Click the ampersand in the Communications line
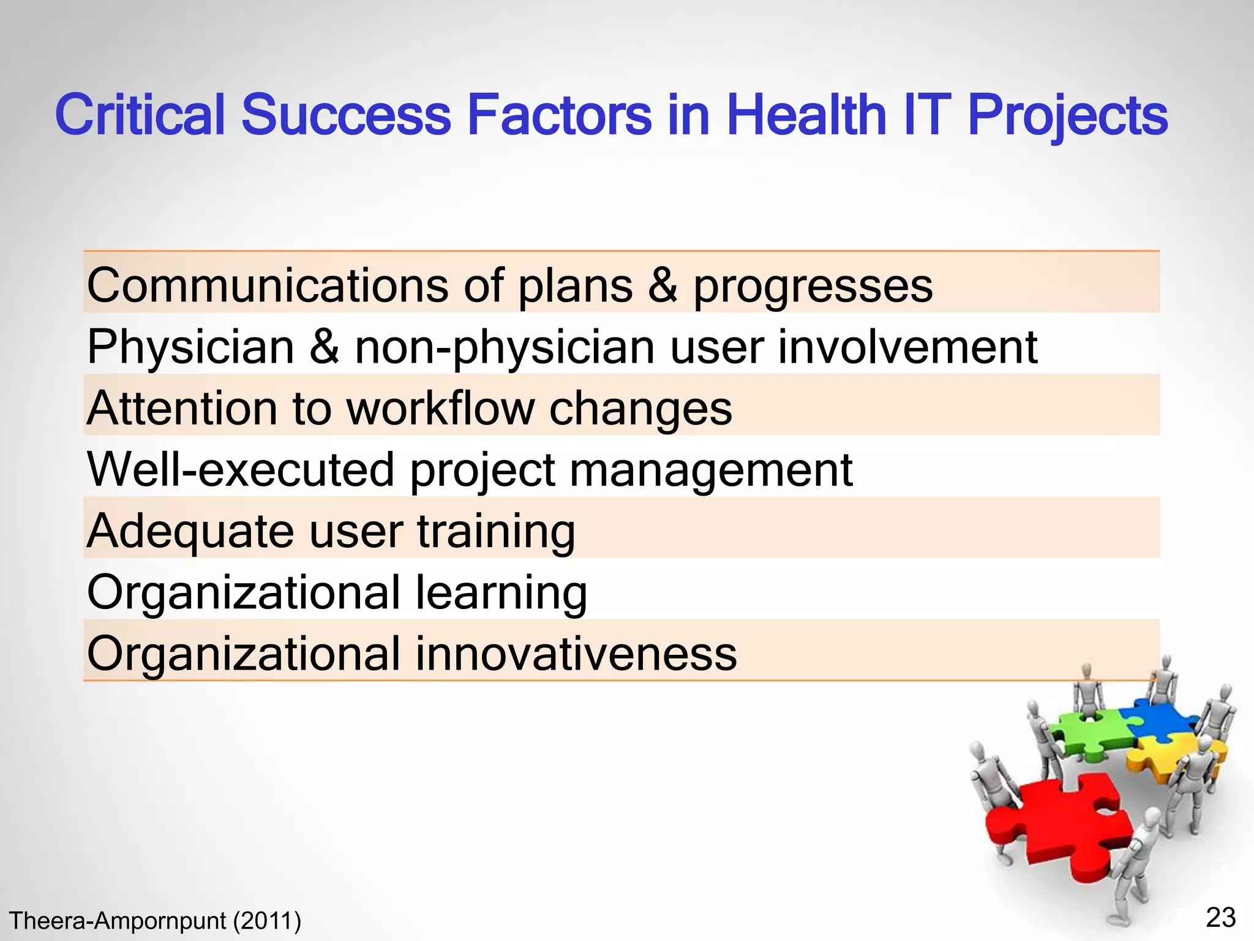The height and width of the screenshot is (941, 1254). [663, 285]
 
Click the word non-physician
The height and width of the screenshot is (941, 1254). [505, 348]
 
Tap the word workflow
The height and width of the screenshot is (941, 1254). [440, 409]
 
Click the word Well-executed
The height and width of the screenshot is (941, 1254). [241, 469]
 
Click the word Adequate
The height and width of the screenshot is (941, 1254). [190, 532]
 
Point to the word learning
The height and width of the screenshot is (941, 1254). [501, 593]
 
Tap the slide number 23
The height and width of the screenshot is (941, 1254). [1220, 918]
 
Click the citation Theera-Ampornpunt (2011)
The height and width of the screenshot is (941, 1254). [155, 921]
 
